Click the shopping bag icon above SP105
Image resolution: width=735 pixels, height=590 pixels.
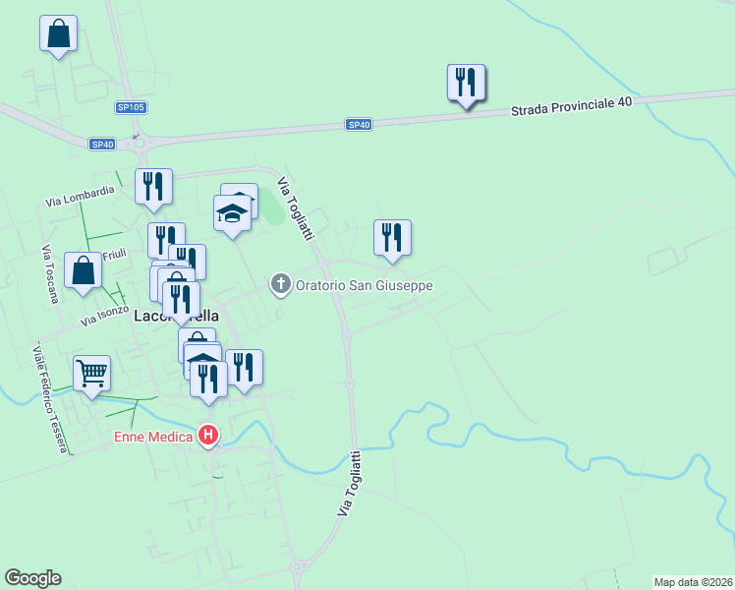59,33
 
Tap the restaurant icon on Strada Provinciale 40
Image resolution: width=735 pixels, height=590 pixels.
467,83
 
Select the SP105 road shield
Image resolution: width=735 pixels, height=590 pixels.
130,107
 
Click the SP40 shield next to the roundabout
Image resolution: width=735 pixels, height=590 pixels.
102,144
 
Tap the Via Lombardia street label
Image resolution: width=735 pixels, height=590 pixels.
81,196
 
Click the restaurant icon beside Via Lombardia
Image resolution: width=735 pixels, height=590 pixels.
153,186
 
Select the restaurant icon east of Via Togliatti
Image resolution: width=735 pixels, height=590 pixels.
392,237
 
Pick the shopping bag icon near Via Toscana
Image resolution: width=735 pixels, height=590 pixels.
84,270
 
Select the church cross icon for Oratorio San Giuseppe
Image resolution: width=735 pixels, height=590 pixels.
280,285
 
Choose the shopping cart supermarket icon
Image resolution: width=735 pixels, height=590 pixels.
91,373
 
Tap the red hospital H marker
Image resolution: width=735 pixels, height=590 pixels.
208,435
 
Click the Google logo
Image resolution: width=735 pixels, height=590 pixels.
32,578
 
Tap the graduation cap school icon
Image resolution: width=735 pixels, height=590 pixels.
232,212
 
